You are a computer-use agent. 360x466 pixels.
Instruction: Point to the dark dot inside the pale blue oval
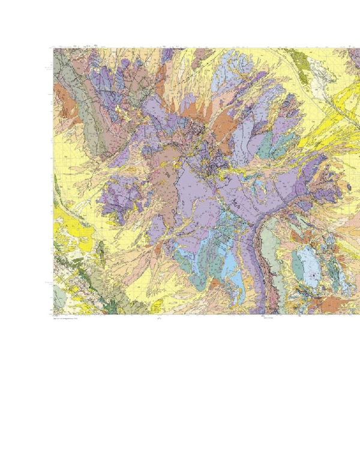(313, 277)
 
